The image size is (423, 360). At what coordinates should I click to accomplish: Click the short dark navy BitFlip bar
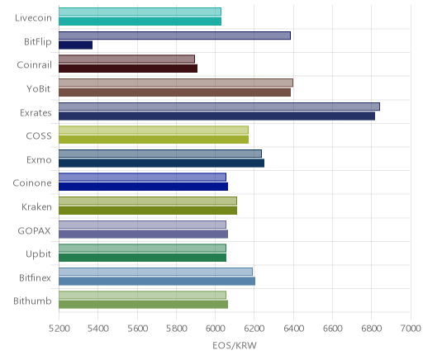75,45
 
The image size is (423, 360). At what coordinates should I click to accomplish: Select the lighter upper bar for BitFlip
174,36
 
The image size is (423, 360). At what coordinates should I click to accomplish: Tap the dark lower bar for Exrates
216,116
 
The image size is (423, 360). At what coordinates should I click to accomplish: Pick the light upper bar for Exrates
219,107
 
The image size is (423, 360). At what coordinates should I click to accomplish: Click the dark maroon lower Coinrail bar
128,69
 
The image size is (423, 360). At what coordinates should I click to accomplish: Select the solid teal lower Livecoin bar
140,21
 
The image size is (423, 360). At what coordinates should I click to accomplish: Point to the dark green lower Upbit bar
142,258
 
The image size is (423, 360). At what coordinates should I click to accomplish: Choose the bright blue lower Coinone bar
143,187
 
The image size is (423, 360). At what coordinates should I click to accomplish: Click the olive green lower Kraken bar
148,211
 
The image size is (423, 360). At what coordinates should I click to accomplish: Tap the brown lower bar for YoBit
174,92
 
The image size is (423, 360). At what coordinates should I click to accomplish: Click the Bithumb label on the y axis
32,301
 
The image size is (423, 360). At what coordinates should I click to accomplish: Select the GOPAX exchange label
35,230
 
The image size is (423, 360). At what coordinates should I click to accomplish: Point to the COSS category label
39,136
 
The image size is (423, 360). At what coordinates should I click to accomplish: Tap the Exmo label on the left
39,160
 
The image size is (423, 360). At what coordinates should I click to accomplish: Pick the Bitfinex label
35,277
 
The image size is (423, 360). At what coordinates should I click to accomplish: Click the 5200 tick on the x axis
59,329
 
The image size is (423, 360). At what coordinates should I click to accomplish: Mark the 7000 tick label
411,329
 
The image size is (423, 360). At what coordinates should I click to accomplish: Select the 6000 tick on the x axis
216,329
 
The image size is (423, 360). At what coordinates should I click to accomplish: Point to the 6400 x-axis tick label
293,329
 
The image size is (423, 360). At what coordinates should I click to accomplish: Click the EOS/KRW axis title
235,345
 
